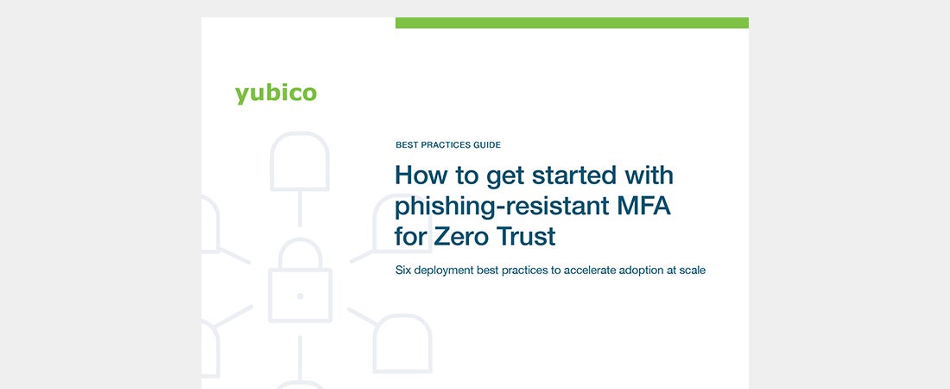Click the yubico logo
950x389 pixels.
pyautogui.click(x=275, y=94)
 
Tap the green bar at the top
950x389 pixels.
pyautogui.click(x=572, y=22)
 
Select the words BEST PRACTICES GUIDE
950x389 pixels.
pyautogui.click(x=448, y=145)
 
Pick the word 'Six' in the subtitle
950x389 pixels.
pyautogui.click(x=402, y=270)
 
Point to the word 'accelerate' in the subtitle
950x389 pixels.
pyautogui.click(x=587, y=270)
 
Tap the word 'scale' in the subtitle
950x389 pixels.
pyautogui.click(x=692, y=270)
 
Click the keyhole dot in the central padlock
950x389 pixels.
pyautogui.click(x=300, y=297)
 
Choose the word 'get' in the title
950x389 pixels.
pyautogui.click(x=505, y=177)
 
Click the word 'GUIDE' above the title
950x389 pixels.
pyautogui.click(x=486, y=145)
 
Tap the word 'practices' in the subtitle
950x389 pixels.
pyautogui.click(x=526, y=271)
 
